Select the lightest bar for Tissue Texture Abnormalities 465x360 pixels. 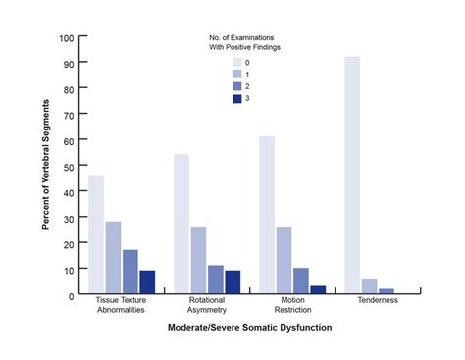tap(96, 232)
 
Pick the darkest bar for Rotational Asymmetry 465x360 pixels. tap(232, 281)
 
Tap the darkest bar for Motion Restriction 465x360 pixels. tap(318, 288)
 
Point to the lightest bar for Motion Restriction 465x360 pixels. tap(267, 214)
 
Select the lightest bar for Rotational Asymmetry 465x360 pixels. tap(181, 223)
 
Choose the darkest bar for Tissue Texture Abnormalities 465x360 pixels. tap(147, 281)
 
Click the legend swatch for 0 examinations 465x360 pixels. tap(236, 61)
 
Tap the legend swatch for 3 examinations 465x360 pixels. tap(236, 97)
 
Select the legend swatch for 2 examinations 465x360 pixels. tap(236, 85)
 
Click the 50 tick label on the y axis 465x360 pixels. tap(67, 167)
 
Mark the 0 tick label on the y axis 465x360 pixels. tap(70, 294)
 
